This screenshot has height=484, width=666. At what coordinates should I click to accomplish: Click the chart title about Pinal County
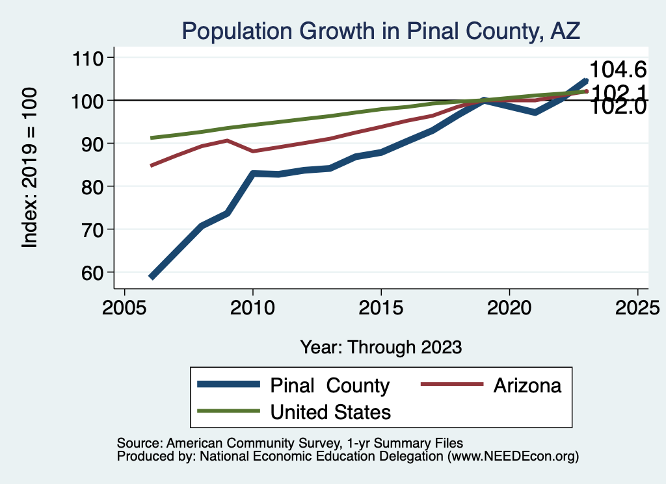[x=380, y=30]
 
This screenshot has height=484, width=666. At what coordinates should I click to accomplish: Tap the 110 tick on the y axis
[x=88, y=58]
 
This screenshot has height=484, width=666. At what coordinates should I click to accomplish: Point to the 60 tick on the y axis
[x=92, y=273]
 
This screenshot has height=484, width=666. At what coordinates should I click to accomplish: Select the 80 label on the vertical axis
[x=92, y=187]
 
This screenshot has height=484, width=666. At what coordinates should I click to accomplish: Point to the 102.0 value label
[x=617, y=107]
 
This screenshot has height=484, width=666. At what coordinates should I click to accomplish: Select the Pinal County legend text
[x=330, y=385]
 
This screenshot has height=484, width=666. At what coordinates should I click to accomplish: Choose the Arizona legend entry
[x=527, y=385]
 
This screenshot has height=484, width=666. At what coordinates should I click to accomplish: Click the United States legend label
[x=330, y=412]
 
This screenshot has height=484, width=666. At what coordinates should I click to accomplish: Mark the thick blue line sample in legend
[x=228, y=385]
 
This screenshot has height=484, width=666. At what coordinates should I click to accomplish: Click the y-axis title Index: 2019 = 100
[x=30, y=168]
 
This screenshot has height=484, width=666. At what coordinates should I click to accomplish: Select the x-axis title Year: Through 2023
[x=381, y=347]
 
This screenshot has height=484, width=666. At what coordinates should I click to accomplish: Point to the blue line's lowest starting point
[x=152, y=277]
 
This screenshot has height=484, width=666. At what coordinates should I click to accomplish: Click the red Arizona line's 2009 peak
[x=227, y=140]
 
